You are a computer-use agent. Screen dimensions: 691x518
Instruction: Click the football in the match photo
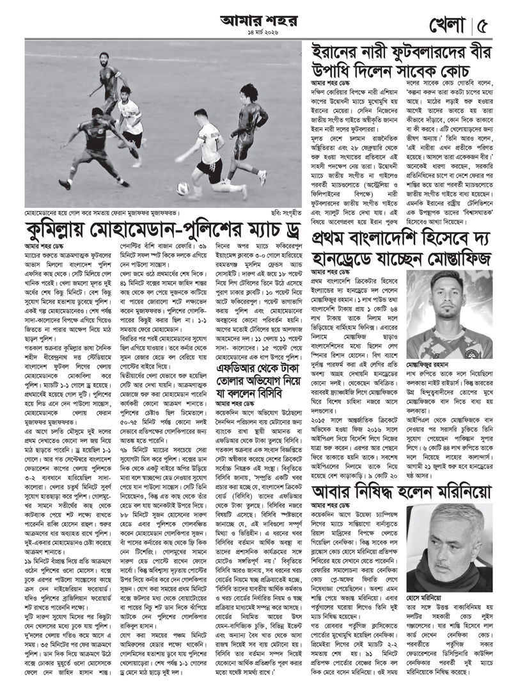tap(184, 188)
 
